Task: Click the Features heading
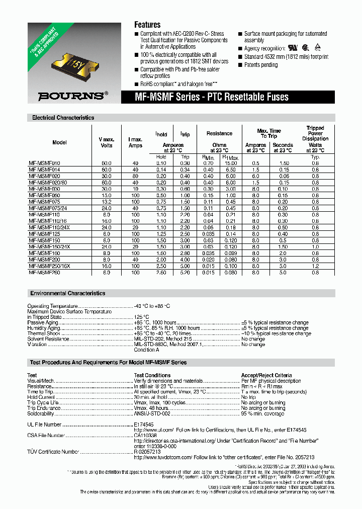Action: (x=147, y=25)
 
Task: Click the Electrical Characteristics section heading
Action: (x=63, y=118)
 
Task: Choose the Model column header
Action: (x=59, y=142)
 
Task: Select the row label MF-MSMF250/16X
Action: (x=49, y=266)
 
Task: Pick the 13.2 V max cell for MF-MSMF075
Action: (x=106, y=201)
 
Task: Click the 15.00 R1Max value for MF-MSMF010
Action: (x=231, y=163)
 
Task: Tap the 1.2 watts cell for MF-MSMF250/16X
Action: (x=315, y=266)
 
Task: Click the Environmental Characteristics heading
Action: (x=68, y=293)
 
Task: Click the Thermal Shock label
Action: (x=44, y=333)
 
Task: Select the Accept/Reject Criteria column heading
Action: (x=266, y=375)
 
